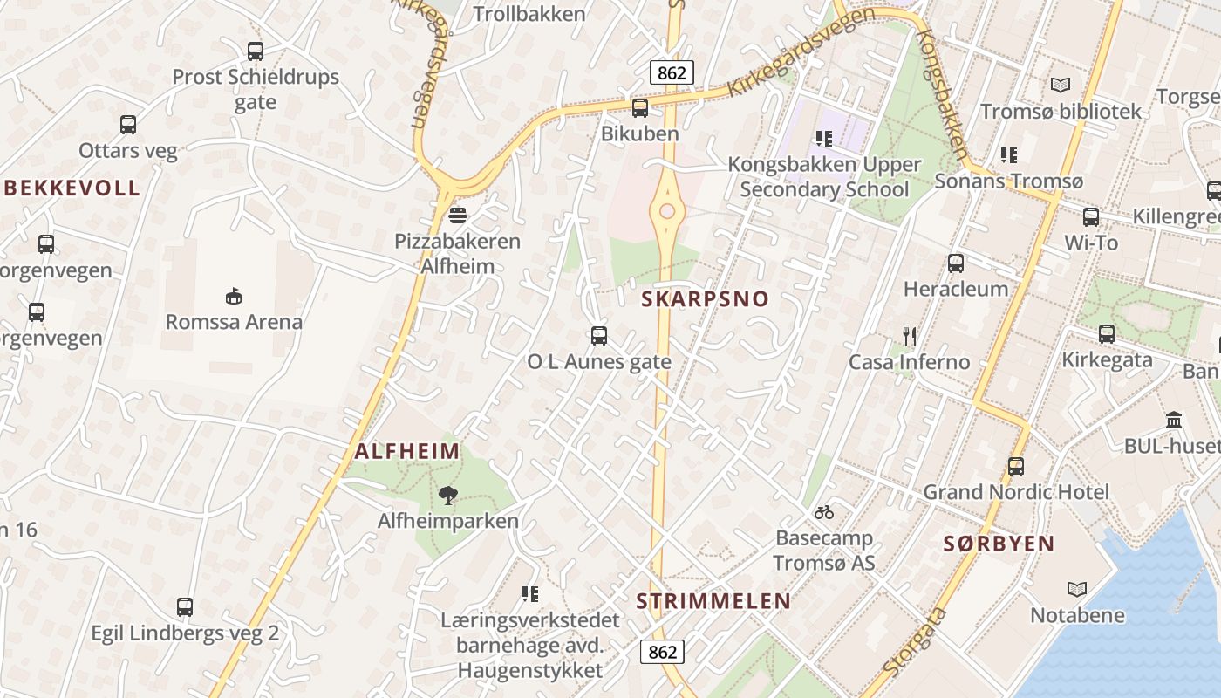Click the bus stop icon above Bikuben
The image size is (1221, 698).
click(640, 108)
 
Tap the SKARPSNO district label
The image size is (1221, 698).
click(706, 299)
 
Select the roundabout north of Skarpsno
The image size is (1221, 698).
click(667, 211)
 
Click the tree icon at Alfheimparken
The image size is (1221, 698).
click(448, 496)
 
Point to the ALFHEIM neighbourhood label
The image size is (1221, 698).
click(407, 451)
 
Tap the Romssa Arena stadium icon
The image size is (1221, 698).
click(234, 296)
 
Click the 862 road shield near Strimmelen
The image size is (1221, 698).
click(663, 652)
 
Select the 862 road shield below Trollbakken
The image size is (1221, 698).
click(672, 72)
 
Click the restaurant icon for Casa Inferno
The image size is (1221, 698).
click(910, 336)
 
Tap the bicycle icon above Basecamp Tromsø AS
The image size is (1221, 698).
click(824, 512)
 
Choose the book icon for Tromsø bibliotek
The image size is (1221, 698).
click(1061, 86)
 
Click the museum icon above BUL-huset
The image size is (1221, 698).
click(1174, 421)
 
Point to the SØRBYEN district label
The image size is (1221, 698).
click(999, 544)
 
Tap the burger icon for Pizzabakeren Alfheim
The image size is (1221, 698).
click(458, 216)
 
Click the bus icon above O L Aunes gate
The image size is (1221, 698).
click(599, 336)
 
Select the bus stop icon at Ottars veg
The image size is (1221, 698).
click(128, 125)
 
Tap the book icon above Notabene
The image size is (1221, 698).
click(1077, 589)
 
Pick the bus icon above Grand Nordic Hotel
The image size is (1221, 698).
click(1016, 466)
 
